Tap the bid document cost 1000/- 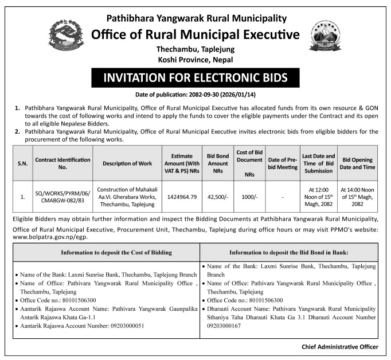point(249,197)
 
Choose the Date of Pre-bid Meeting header point(282,163)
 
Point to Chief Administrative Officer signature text point(339,347)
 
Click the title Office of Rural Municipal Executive point(196,34)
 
